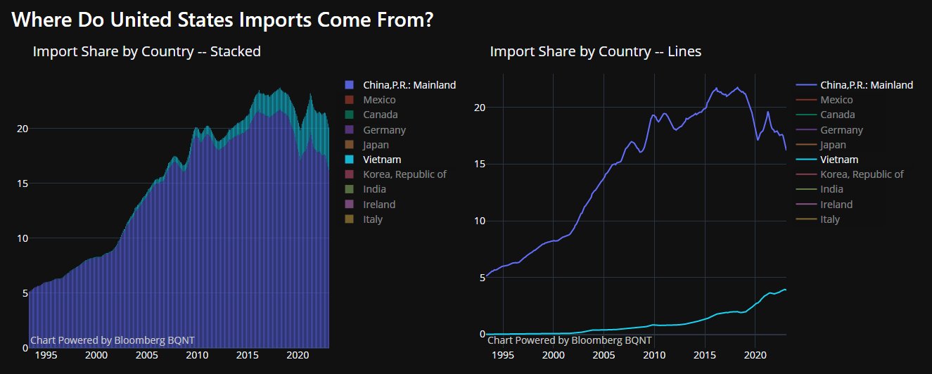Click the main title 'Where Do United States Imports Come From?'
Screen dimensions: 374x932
pos(222,20)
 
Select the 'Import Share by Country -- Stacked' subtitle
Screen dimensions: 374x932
pos(146,51)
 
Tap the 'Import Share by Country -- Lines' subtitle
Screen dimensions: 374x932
pos(595,51)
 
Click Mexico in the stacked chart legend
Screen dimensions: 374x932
pos(379,100)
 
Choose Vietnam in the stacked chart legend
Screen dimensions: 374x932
pos(382,160)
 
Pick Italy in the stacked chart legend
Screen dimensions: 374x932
pos(373,219)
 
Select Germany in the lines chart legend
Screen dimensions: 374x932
pos(841,130)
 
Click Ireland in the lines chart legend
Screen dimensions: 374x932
pos(836,205)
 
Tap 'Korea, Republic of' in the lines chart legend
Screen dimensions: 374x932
pos(862,174)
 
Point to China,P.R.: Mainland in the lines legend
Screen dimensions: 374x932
pos(867,85)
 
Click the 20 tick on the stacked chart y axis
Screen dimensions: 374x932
pos(21,129)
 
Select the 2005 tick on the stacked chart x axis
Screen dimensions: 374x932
pos(146,356)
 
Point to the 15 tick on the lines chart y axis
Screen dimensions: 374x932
pos(478,165)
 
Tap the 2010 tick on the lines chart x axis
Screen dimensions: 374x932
pos(654,356)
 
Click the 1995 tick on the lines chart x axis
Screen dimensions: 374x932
pos(503,356)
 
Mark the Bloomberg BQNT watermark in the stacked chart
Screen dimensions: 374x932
pos(113,340)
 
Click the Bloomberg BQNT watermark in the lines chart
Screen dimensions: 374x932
pos(569,340)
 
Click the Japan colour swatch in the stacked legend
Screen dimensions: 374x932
pos(350,145)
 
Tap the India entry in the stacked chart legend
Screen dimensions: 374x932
pos(374,189)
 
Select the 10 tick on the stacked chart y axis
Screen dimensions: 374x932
pos(21,238)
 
